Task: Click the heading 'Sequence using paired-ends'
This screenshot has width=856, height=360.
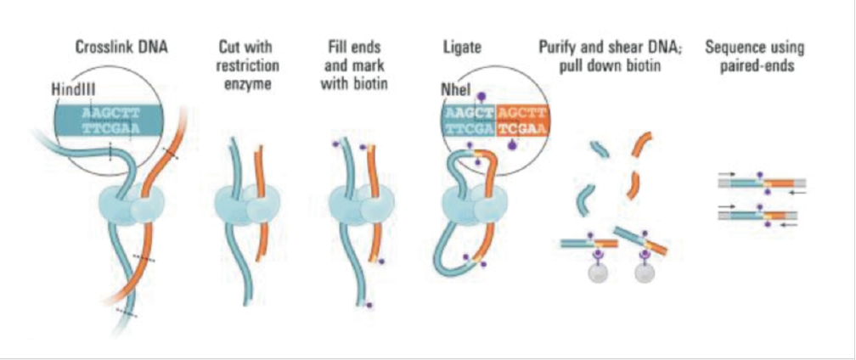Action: click(x=755, y=55)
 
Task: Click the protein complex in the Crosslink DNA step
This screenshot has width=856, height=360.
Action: click(x=129, y=205)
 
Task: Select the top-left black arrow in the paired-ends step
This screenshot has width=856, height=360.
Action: click(x=726, y=173)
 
